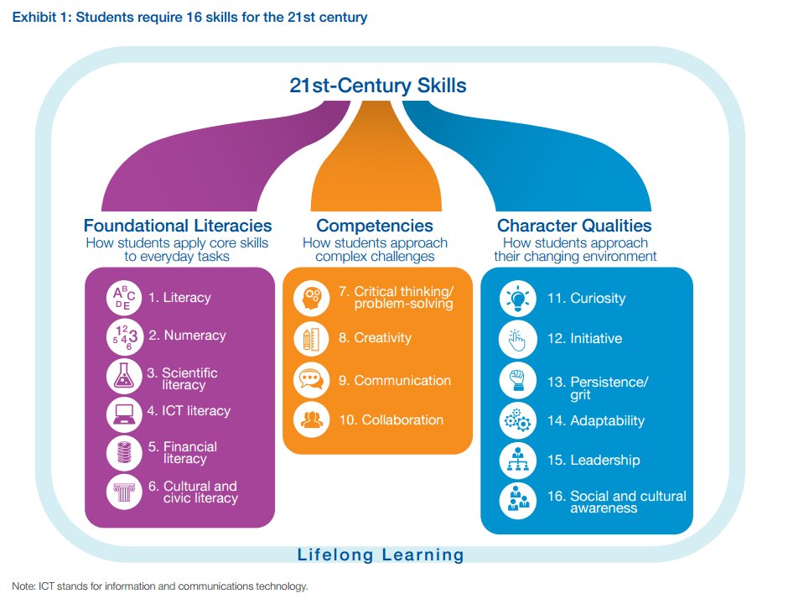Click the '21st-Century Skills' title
coord(377,86)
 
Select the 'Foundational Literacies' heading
coord(178,225)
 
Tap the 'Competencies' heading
coord(375,225)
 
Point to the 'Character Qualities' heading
coord(574,225)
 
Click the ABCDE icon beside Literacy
coord(124,299)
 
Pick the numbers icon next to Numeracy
coord(124,336)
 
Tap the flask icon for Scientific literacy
coord(124,376)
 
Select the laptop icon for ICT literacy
coord(124,413)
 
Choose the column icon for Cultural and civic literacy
coord(124,492)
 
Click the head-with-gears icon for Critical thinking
coord(311,297)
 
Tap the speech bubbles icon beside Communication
coord(311,381)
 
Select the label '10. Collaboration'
coord(391,419)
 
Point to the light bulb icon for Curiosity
coord(516,299)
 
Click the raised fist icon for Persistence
coord(516,381)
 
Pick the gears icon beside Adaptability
coord(516,421)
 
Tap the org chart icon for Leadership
coord(516,461)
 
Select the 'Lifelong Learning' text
coord(381,555)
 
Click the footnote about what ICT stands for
coord(160,586)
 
